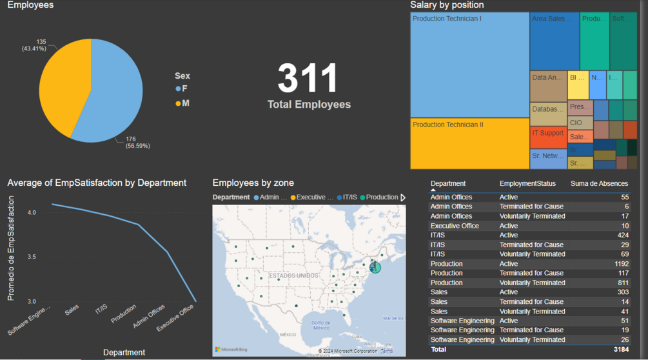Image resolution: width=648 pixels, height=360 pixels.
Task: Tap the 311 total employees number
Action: (x=308, y=79)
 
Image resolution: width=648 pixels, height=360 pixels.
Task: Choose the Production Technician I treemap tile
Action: (x=469, y=65)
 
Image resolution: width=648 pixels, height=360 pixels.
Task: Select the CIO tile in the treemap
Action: (x=580, y=123)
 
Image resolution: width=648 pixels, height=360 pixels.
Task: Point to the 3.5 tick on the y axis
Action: (x=31, y=257)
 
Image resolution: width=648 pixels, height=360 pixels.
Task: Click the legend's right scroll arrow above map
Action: (x=404, y=197)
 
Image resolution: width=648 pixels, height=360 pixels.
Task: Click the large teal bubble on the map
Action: (x=375, y=266)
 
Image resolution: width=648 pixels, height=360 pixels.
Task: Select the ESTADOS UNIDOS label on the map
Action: (x=294, y=275)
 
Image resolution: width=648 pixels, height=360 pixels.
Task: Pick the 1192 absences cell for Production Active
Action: (x=620, y=264)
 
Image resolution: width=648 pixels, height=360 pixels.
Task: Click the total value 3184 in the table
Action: (x=620, y=350)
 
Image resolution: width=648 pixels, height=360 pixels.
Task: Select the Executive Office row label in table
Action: (x=455, y=226)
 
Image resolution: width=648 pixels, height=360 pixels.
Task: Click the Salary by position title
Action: (x=447, y=5)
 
